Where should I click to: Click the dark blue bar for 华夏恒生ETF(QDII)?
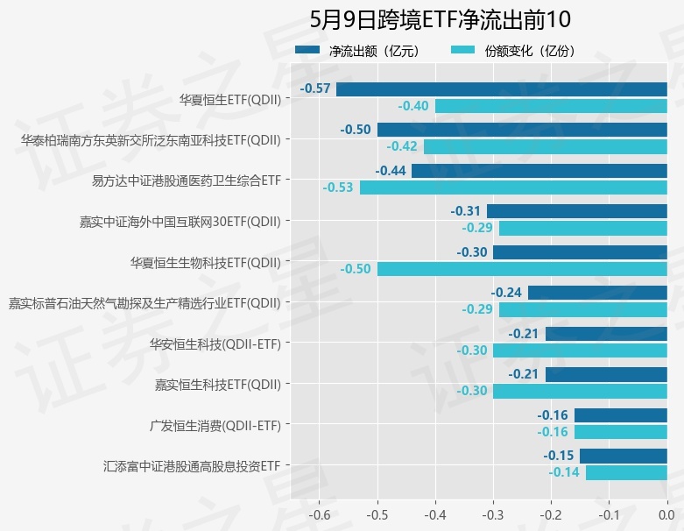tap(502, 88)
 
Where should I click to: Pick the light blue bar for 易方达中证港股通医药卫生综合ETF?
tap(513, 188)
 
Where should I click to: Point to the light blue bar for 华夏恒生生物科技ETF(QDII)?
tap(522, 269)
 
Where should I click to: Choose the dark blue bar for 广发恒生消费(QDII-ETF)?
tap(621, 415)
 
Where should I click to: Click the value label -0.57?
tap(315, 88)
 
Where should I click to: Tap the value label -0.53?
tap(338, 188)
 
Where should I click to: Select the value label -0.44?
tap(391, 171)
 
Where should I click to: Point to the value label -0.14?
tap(564, 472)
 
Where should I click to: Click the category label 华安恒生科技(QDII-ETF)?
tap(215, 343)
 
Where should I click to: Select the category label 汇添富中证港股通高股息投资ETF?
tap(192, 466)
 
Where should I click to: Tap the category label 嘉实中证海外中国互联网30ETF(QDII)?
tap(180, 221)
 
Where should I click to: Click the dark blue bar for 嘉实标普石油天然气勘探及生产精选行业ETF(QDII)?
tap(597, 293)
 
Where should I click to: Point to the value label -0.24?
tap(506, 293)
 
